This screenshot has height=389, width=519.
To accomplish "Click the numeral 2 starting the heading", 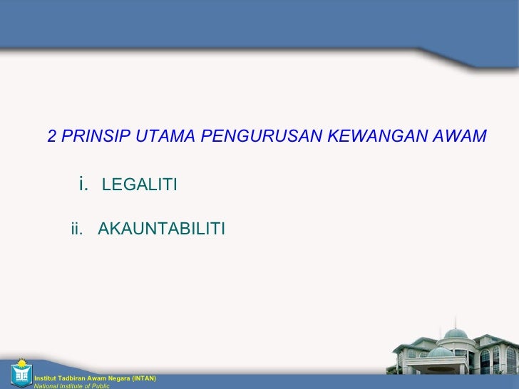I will (52, 135).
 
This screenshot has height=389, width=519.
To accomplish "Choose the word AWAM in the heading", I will (460, 135).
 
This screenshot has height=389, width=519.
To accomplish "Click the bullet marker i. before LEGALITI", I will (83, 185).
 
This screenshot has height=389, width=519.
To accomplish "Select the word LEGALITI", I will (140, 186).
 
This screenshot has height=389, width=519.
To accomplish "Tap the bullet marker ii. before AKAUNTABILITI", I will (77, 229).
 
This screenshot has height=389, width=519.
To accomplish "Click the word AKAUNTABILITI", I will (161, 229).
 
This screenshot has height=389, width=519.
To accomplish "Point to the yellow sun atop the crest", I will (21, 362).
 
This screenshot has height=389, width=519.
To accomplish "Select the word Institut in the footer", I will (44, 378).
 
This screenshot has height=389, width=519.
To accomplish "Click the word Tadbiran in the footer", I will (71, 378).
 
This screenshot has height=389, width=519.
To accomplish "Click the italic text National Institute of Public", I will (71, 385).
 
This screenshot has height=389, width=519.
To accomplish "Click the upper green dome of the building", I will (456, 333).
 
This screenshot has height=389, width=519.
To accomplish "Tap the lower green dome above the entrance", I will (440, 352).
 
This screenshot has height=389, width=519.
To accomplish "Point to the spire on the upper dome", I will (456, 324).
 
